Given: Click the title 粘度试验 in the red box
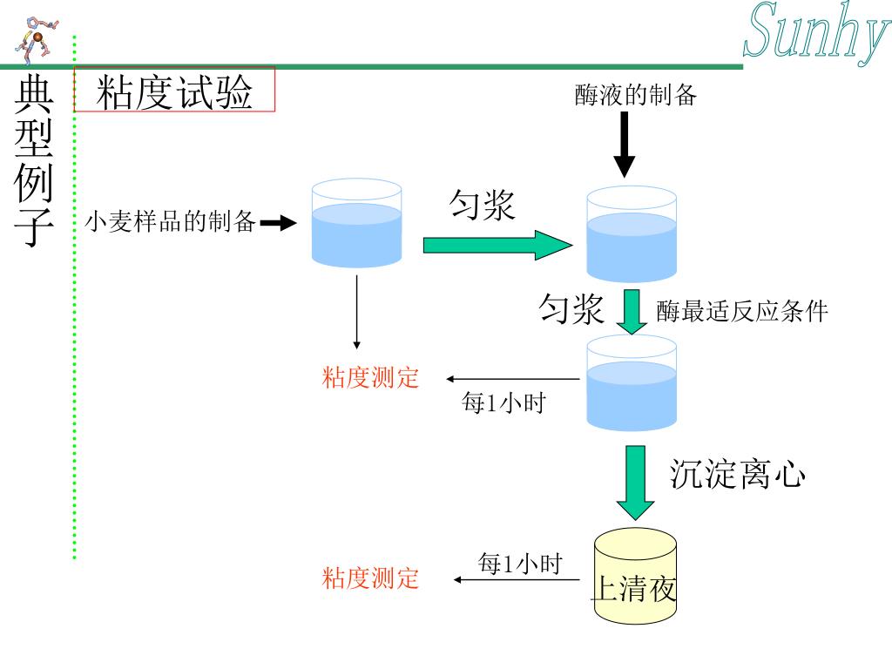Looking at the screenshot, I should (174, 91).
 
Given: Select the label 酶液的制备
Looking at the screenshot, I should (636, 95).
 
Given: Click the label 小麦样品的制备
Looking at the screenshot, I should (171, 222).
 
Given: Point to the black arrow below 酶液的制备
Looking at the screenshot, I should (625, 144).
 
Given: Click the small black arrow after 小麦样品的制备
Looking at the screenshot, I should (278, 224).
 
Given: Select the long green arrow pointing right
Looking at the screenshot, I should (497, 245).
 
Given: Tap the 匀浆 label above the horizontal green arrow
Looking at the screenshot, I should (482, 206).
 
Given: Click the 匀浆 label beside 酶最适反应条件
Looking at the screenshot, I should (571, 308).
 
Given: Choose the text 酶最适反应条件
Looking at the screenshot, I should (741, 311).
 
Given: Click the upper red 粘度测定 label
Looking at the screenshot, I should (371, 378).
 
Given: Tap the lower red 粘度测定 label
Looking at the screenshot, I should (371, 578).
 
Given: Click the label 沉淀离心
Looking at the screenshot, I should (737, 475).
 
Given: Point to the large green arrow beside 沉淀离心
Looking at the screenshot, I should (636, 482).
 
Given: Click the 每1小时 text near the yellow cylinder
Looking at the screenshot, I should (519, 564).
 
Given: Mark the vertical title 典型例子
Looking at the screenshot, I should (36, 161).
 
